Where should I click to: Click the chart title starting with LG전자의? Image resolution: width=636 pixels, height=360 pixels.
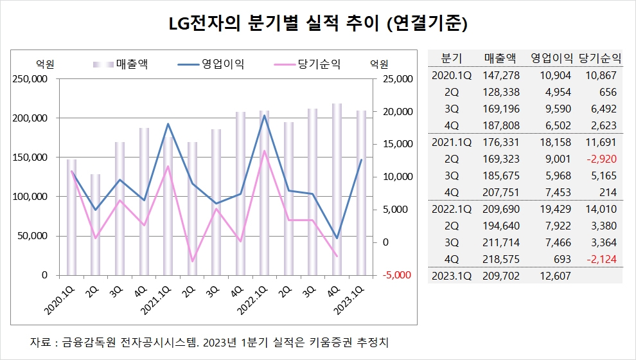coord(317,24)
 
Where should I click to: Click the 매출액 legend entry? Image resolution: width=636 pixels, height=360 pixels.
coord(132,64)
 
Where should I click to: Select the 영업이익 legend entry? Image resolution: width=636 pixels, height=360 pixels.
coord(222,64)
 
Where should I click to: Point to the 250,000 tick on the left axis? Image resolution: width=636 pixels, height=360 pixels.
coord(31,79)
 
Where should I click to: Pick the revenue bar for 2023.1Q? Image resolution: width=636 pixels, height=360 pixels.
coord(361,193)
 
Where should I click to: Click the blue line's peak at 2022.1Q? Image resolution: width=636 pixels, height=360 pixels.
coord(264,115)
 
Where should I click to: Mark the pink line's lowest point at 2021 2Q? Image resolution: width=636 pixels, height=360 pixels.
coord(192,262)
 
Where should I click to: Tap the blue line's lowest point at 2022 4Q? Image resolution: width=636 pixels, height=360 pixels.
coord(337,238)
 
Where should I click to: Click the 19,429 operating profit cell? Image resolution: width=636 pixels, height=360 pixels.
coord(554,208)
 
